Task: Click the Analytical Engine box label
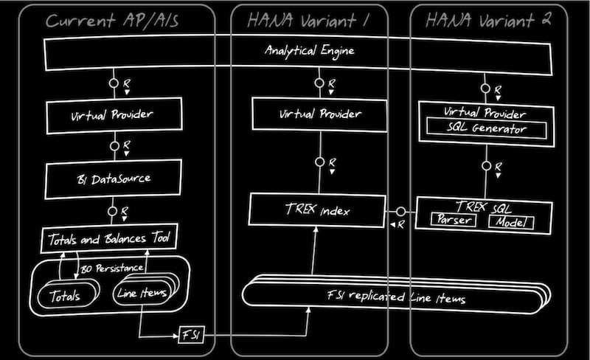point(309,51)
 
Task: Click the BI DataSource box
point(114,178)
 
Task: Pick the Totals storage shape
point(66,296)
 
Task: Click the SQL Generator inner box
point(485,129)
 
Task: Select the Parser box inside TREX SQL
point(452,221)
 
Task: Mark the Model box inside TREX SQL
point(510,221)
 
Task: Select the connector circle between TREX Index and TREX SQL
point(401,212)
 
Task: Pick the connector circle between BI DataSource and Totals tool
point(114,211)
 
